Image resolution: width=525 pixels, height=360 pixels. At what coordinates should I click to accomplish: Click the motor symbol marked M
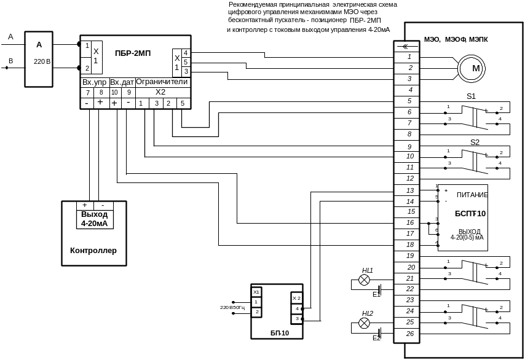click(475, 68)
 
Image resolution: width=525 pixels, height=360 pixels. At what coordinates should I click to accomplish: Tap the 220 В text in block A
click(40, 61)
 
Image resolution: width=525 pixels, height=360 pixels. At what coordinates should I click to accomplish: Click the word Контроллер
click(93, 251)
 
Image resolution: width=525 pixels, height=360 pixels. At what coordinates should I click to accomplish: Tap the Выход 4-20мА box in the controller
click(94, 219)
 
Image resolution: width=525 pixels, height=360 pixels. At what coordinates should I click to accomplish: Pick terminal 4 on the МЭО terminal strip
click(410, 90)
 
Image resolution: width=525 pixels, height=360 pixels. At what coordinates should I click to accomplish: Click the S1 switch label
click(471, 96)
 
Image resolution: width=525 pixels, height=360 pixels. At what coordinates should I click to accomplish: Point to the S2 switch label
click(475, 142)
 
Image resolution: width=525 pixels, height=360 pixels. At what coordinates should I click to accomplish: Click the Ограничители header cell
click(162, 82)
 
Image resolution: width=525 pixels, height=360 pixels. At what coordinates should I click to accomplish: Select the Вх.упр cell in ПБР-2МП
click(95, 82)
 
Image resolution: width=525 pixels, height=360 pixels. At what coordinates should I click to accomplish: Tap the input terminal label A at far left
click(10, 37)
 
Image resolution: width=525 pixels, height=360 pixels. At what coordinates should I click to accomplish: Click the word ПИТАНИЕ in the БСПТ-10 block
click(472, 195)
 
